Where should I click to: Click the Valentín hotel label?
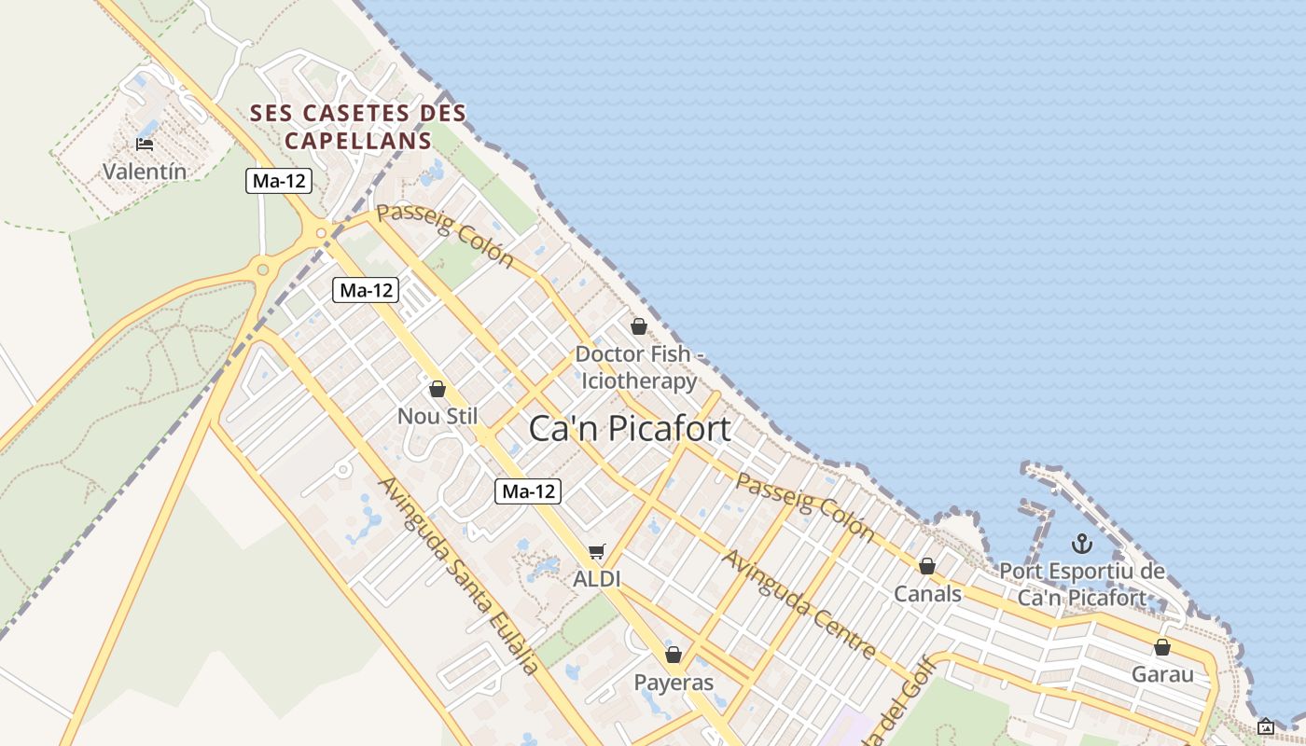[x=145, y=172]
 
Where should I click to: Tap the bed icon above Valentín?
[x=145, y=144]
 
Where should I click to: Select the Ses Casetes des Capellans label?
[x=358, y=127]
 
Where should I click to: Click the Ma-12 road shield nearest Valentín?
[x=279, y=181]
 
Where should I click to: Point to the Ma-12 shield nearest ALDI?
[x=528, y=490]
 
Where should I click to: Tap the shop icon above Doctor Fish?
[x=639, y=326]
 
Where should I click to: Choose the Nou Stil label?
[x=438, y=416]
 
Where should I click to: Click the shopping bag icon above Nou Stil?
[x=438, y=389]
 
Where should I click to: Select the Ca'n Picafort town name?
[x=630, y=428]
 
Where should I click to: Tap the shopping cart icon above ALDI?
[x=597, y=552]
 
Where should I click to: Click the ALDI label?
[x=597, y=579]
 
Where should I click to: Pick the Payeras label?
[x=674, y=683]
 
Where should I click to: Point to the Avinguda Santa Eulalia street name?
[x=458, y=575]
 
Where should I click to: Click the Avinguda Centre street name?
[x=799, y=603]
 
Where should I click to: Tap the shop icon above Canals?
[x=927, y=566]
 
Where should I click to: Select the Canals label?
[x=927, y=594]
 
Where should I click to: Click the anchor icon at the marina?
[x=1082, y=543]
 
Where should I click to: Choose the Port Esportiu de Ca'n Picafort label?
[x=1082, y=585]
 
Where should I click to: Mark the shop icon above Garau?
[x=1162, y=647]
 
